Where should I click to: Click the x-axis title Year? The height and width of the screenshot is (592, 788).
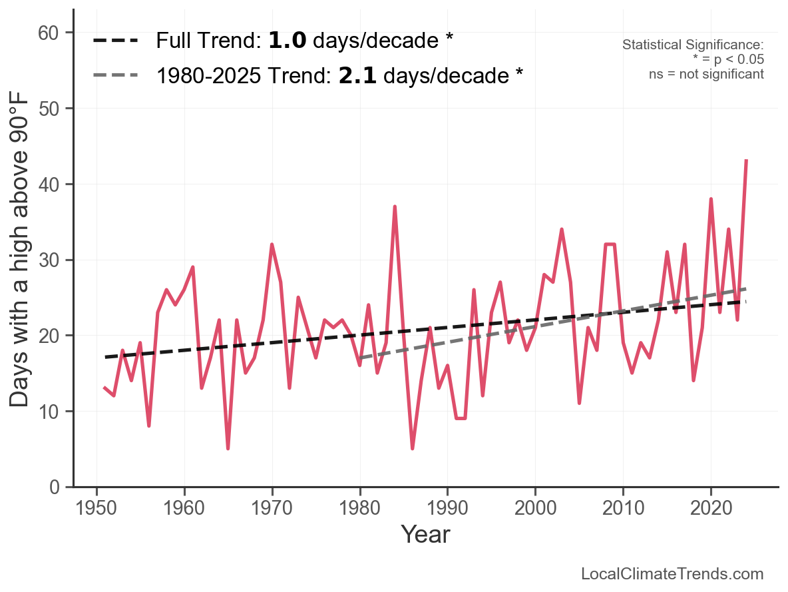(x=425, y=534)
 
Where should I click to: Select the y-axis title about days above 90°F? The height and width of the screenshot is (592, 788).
(x=23, y=260)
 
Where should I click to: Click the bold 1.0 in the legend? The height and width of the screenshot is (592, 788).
(x=287, y=41)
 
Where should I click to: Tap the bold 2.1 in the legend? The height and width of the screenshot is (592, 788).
(x=357, y=76)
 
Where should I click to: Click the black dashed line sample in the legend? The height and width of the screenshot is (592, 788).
(x=116, y=41)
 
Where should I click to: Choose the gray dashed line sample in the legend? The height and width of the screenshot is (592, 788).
(x=116, y=76)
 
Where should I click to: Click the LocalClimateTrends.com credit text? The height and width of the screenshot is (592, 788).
(x=672, y=574)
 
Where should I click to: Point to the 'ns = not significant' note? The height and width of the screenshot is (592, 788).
(x=706, y=73)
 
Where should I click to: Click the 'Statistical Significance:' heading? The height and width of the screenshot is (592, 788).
(x=693, y=45)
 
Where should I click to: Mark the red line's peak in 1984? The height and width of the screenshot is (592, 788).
(x=395, y=207)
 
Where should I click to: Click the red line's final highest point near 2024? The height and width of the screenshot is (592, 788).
(x=747, y=160)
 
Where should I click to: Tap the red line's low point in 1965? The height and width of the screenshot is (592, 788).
(x=228, y=448)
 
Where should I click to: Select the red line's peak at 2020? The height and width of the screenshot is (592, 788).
(x=711, y=199)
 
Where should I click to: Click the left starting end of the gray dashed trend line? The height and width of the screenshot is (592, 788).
(x=360, y=358)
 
